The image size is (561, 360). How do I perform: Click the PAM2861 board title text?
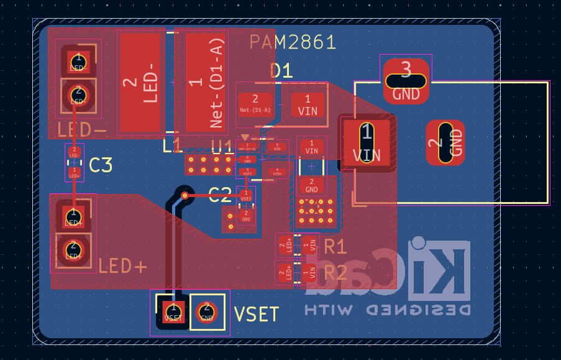[x=293, y=42]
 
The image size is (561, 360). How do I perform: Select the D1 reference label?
[x=281, y=70]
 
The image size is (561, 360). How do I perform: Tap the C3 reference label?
[x=101, y=165]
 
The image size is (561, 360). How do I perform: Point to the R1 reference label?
[x=335, y=246]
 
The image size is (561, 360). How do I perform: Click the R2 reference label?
[x=335, y=272]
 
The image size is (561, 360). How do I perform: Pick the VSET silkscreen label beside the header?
[x=256, y=314]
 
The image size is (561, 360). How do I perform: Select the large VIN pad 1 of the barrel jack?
[x=367, y=143]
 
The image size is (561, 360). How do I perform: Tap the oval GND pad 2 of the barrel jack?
[x=445, y=143]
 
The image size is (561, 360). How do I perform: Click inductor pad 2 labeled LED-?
[x=139, y=82]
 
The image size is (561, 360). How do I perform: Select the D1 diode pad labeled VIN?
[x=308, y=104]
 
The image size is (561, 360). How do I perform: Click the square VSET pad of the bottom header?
[x=173, y=312]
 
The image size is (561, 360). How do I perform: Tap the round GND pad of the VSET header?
[x=207, y=312]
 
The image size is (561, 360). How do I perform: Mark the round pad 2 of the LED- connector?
[x=78, y=95]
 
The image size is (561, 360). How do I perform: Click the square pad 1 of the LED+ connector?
[x=73, y=217]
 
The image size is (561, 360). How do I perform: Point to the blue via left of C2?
[x=185, y=195]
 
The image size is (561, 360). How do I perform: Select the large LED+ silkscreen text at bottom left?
[x=122, y=267]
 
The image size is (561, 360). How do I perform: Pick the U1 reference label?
[x=222, y=147]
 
